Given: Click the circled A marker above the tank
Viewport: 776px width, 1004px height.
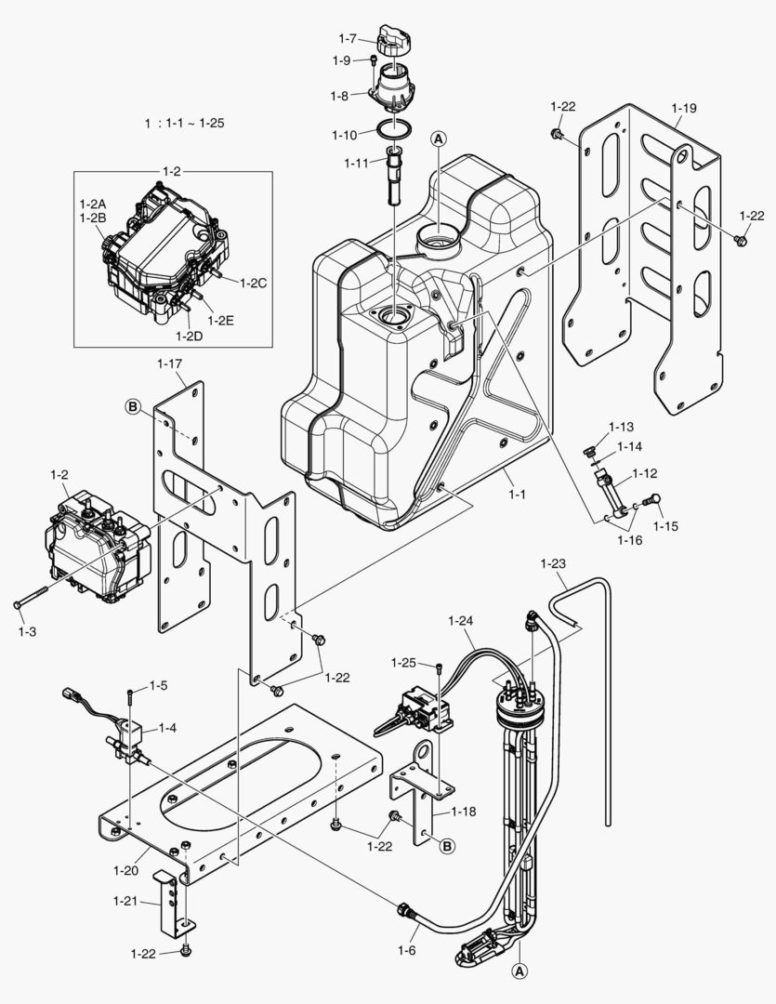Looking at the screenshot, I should click(439, 139).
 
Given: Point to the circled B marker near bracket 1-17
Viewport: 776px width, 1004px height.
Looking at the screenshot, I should click(133, 406).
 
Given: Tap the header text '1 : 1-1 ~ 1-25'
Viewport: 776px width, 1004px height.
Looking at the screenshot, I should click(184, 123).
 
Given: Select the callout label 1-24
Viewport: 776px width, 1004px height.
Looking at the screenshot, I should click(461, 621).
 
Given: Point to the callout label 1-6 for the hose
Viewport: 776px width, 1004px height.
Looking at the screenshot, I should click(406, 950).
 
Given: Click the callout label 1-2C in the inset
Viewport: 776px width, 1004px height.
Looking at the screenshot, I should click(253, 284).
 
